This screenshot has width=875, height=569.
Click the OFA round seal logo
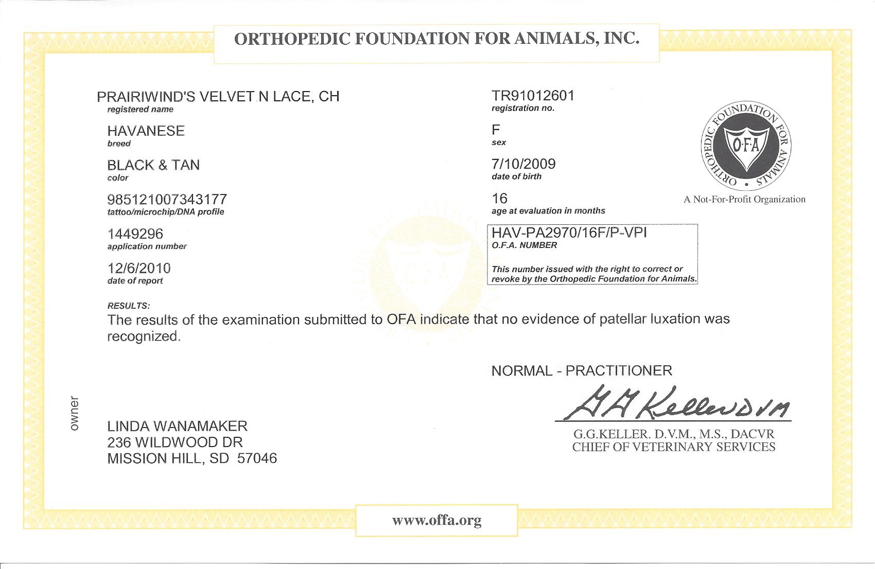click(746, 145)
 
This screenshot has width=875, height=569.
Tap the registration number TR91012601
click(533, 96)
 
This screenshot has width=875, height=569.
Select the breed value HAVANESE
click(146, 131)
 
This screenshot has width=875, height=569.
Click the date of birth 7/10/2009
click(523, 164)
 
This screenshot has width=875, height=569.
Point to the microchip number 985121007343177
click(167, 199)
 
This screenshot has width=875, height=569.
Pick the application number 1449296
click(135, 234)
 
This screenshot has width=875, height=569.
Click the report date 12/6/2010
click(139, 268)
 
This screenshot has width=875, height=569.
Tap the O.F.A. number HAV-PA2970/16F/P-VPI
click(569, 233)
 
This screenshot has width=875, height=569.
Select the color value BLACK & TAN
click(153, 165)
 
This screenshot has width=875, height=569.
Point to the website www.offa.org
click(436, 520)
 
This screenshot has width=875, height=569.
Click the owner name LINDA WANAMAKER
click(177, 426)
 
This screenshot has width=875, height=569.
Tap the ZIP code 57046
click(257, 458)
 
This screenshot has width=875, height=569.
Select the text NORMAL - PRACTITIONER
click(582, 370)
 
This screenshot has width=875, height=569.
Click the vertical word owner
click(75, 413)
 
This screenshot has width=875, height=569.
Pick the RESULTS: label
click(129, 306)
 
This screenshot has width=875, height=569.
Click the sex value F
click(496, 129)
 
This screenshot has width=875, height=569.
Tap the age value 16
click(499, 199)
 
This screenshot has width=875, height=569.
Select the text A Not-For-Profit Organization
click(744, 200)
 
